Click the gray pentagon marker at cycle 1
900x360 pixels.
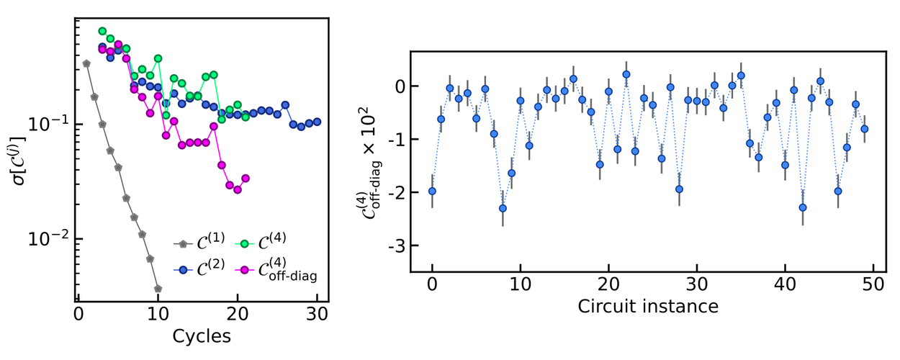click(86, 63)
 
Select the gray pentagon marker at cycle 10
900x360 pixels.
click(158, 289)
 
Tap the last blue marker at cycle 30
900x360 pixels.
click(317, 122)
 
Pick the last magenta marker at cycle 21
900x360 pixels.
click(246, 178)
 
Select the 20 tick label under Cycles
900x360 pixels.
click(238, 314)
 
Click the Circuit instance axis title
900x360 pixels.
click(648, 307)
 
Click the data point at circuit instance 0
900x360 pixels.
click(432, 191)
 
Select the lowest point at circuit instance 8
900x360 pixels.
click(503, 208)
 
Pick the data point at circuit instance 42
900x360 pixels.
click(802, 207)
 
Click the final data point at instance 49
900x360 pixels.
click(864, 129)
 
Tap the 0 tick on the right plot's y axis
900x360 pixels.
click(398, 86)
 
